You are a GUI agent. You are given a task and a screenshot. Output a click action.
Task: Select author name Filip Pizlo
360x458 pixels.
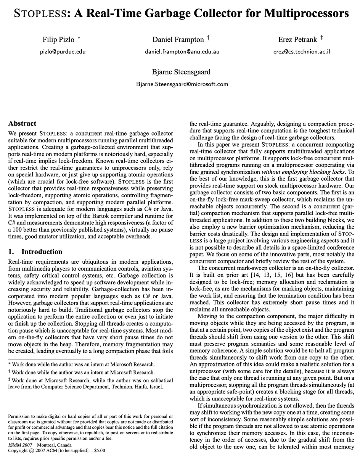pos(59,39)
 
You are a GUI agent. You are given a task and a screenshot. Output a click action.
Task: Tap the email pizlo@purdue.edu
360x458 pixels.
pos(63,52)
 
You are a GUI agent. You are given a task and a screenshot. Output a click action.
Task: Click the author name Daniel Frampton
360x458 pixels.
pos(178,39)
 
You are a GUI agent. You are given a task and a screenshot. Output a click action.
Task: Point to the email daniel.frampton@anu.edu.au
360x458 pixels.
pos(182,52)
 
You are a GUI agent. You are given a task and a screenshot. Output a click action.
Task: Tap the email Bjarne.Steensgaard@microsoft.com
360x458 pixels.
pos(182,84)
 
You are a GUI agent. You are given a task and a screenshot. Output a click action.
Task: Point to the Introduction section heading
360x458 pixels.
pos(42,252)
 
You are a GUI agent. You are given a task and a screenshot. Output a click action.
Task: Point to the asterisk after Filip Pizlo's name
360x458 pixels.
pos(79,38)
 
